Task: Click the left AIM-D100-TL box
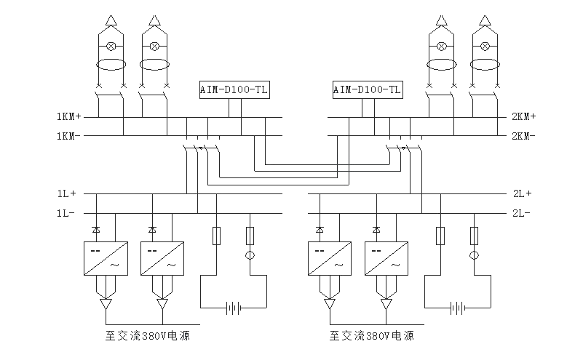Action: [234, 89]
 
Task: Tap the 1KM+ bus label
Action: [68, 116]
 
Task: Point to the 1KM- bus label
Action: [68, 135]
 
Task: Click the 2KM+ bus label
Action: [523, 116]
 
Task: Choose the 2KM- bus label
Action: [523, 135]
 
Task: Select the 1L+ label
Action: [67, 193]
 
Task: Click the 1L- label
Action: [67, 213]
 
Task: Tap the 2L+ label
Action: [521, 193]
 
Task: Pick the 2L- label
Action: [521, 213]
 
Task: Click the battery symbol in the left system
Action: [233, 308]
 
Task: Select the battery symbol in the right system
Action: [457, 308]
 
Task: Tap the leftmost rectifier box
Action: [106, 258]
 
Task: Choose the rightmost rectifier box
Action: [386, 258]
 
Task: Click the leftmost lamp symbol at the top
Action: [111, 46]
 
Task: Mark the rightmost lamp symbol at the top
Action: [483, 46]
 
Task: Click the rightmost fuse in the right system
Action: [475, 236]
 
